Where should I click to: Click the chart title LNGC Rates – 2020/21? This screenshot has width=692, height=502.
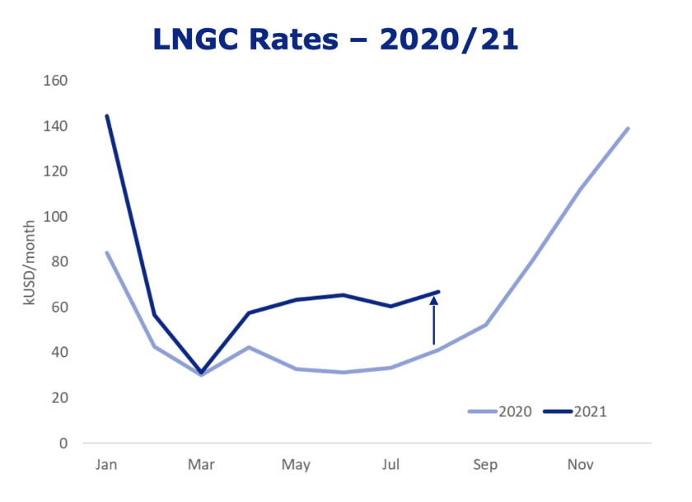coord(335,39)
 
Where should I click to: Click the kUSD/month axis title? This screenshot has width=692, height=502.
coord(30,262)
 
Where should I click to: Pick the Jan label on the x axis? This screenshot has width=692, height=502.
coord(106,465)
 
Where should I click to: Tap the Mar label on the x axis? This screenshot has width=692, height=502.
coord(201,465)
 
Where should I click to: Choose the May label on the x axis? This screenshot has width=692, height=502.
coord(296,465)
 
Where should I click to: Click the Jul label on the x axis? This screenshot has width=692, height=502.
coord(390,465)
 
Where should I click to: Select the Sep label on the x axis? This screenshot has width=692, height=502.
coord(485,465)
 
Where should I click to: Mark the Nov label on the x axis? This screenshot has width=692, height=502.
coord(580,465)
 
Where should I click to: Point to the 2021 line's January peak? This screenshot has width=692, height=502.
coord(106,116)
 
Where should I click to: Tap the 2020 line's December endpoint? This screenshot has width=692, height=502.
coord(628,129)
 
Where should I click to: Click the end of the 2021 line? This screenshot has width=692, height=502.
coord(438,292)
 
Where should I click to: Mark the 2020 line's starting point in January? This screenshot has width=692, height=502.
coord(106,252)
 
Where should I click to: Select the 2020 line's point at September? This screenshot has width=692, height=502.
coord(485,325)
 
